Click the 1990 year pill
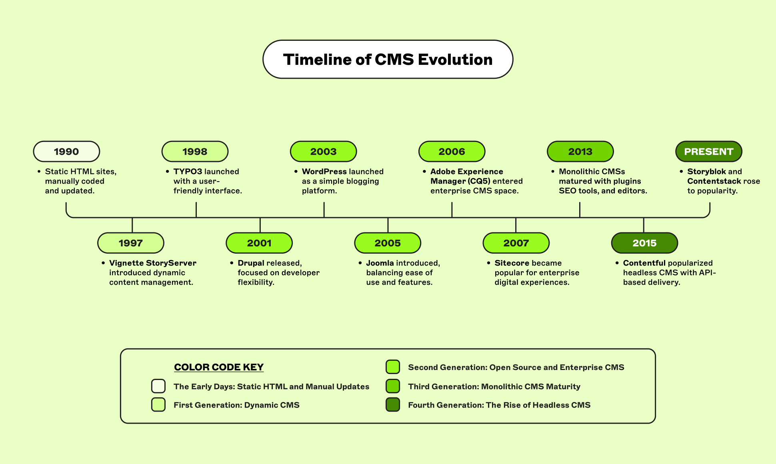[66, 152]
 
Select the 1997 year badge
[131, 243]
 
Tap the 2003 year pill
[323, 152]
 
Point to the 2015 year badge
[644, 243]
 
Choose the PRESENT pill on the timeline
[709, 152]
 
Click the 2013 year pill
[580, 152]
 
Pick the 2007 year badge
[516, 243]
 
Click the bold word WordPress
[324, 172]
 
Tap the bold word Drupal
[251, 263]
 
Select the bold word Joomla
[380, 263]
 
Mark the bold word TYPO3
[188, 172]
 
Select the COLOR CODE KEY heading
[219, 367]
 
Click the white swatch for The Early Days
[158, 386]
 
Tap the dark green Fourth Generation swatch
[393, 404]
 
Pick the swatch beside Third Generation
[393, 386]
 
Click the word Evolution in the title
[455, 60]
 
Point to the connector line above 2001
[260, 225]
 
